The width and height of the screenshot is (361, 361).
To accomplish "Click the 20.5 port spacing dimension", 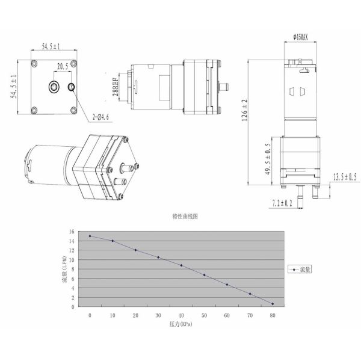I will tap(63, 67).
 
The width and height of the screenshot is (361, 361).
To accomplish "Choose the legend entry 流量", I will tap(301, 270).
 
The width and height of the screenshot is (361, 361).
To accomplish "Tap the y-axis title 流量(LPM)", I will tap(65, 270).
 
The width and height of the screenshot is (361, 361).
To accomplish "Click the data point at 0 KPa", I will tap(90, 236).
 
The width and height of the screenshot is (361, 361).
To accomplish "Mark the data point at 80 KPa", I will tap(273, 304).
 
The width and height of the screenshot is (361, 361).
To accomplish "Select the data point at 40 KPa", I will tap(181, 265).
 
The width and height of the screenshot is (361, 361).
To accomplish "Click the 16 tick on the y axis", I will tap(72, 232).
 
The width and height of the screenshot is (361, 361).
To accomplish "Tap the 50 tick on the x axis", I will tap(204, 315).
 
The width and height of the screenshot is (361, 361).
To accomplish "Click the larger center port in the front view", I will tap(54, 87).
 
